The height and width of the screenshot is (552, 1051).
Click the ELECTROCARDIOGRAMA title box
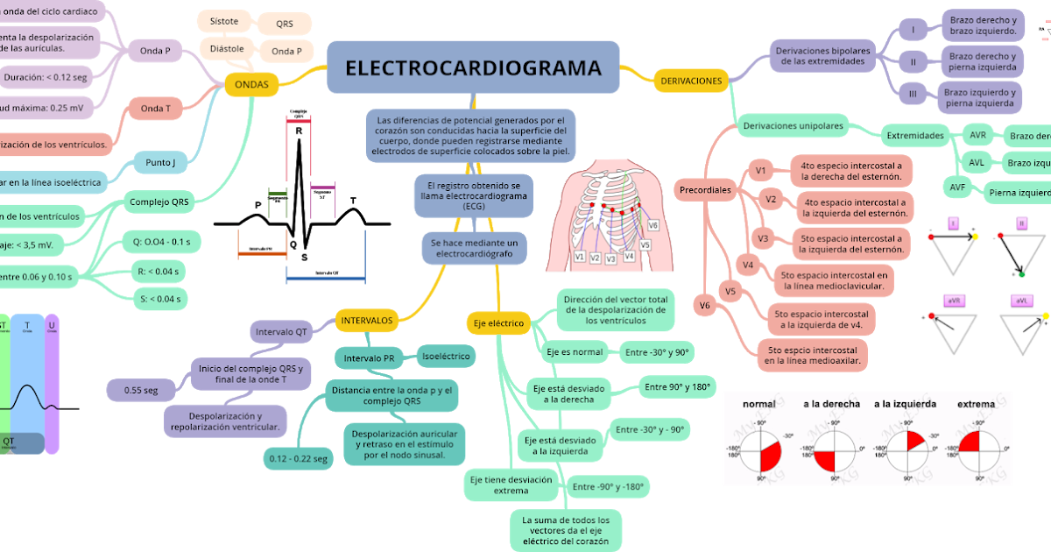[x=473, y=67]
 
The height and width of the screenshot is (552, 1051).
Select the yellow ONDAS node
[x=252, y=84]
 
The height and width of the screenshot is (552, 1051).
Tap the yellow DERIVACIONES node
[x=691, y=81]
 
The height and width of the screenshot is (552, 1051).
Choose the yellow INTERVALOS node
[x=367, y=321]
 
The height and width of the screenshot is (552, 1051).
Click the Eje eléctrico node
[x=498, y=323]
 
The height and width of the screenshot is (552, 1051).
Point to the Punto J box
[x=160, y=162]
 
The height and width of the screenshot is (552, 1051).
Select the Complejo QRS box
[x=159, y=202]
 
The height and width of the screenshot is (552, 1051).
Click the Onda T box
[x=156, y=109]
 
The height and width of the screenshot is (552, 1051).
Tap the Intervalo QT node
[x=281, y=332]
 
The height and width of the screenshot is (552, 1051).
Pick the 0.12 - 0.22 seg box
[x=299, y=458]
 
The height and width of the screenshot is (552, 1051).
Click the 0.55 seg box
[x=141, y=390]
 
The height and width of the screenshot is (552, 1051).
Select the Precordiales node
[x=705, y=189]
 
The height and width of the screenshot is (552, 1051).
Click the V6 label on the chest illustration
[x=652, y=226]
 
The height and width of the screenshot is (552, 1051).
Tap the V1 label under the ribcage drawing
[x=580, y=258]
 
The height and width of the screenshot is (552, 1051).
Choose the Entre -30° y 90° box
[x=657, y=353]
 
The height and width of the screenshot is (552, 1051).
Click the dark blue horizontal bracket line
[x=325, y=280]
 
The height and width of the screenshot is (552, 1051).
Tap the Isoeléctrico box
[x=446, y=356]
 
